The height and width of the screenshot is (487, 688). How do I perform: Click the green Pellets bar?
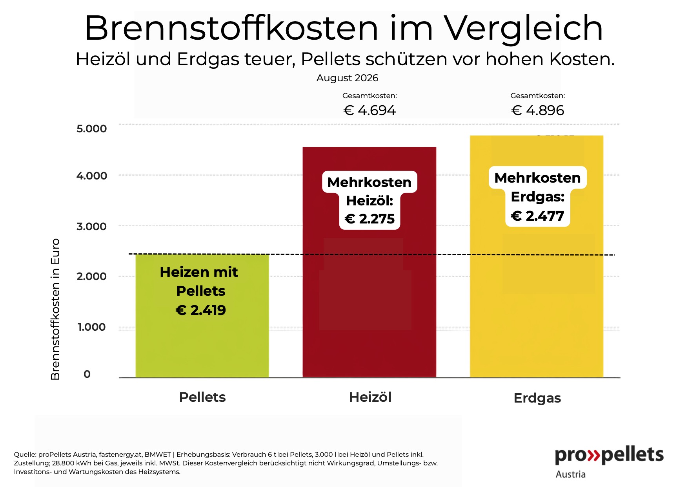pos(202,316)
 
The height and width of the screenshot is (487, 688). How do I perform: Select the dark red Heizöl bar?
pos(369,262)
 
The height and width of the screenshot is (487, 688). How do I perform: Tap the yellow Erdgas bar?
pos(537,256)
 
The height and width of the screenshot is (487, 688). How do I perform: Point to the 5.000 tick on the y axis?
pos(91,128)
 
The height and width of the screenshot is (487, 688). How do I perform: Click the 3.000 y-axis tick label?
pos(91,226)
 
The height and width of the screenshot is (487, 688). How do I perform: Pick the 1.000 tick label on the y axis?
pos(91,327)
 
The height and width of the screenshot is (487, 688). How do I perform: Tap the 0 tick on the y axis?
pos(87,374)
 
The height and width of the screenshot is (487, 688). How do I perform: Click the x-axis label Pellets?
pos(202,397)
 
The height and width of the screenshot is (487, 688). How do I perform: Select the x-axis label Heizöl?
pos(370,397)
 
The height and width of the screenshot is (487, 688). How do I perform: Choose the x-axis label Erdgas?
pos(537,398)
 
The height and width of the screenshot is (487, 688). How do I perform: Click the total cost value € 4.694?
pos(369,110)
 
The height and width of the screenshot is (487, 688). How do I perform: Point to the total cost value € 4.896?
pos(538,110)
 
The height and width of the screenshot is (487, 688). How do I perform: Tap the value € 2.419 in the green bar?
pos(201,310)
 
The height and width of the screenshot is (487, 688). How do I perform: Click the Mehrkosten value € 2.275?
pos(369,219)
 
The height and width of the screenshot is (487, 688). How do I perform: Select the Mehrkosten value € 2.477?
pos(538,216)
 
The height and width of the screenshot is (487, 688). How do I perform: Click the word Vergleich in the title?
pos(524,28)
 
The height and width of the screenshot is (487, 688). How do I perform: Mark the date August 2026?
pos(348,78)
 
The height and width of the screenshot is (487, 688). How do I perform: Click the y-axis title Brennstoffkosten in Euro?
pos(55,309)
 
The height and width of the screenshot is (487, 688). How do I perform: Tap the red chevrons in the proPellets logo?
pos(594,455)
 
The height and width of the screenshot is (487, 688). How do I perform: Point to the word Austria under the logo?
pos(571,474)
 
